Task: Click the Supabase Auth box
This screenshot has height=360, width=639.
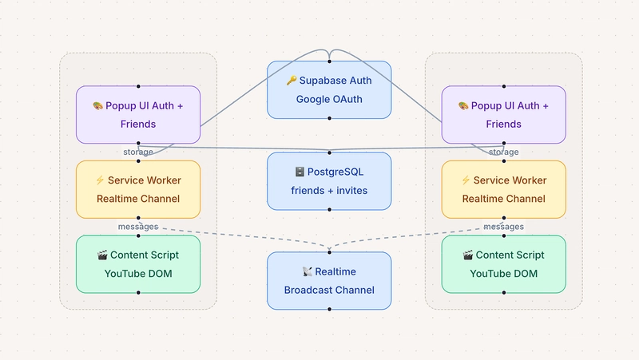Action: [329, 89]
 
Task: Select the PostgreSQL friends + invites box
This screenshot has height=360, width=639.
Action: [329, 180]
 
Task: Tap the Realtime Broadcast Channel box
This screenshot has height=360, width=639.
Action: [329, 281]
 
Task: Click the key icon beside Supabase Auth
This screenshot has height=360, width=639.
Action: [292, 81]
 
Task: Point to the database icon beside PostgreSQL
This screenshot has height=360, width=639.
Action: [300, 172]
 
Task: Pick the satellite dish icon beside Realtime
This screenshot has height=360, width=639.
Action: [308, 272]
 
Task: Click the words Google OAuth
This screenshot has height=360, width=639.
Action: [329, 99]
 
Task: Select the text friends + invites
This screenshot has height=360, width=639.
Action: [329, 190]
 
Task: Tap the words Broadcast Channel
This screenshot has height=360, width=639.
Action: [329, 290]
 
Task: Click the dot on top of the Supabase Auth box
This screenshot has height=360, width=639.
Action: [329, 61]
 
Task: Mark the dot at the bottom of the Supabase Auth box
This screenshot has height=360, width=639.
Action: [329, 118]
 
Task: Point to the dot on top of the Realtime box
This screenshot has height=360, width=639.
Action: [329, 252]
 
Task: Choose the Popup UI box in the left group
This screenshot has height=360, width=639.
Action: [138, 115]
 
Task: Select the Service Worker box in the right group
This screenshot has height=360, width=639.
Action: [504, 189]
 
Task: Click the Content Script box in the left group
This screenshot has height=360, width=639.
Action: [138, 264]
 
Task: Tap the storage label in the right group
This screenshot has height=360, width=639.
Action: [503, 152]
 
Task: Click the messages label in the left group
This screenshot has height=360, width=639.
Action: [137, 227]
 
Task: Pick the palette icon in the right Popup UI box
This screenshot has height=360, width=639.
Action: [463, 106]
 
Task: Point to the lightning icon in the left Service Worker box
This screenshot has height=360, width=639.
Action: [99, 180]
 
